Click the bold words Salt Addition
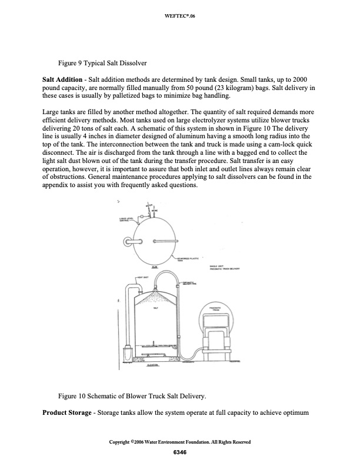tap(63, 79)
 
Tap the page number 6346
tap(179, 452)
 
